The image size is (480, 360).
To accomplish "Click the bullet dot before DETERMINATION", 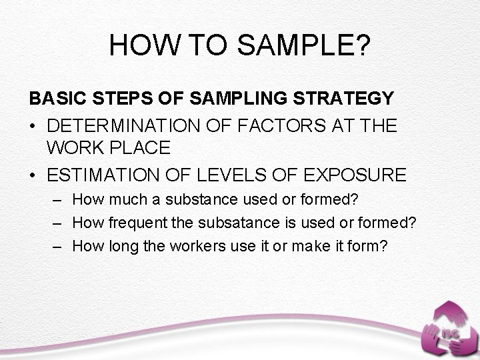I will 33,125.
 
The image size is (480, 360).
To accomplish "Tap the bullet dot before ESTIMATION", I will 33,176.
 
